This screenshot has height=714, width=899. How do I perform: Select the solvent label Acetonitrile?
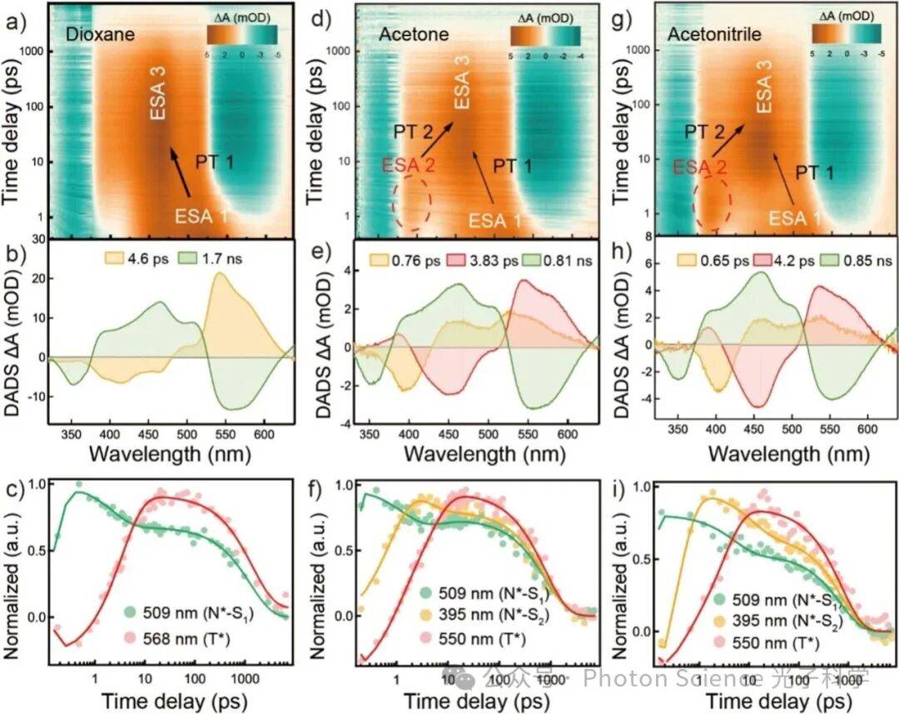[709, 36]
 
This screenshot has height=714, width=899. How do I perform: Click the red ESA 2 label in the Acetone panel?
[408, 166]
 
